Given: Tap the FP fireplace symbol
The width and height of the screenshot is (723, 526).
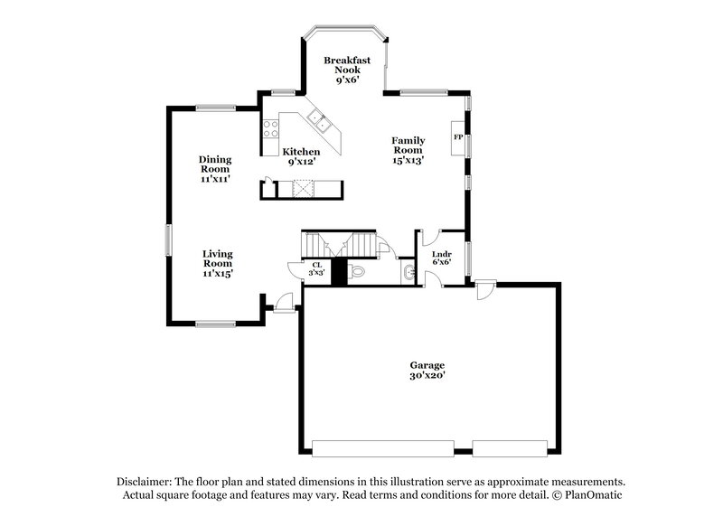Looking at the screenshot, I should pyautogui.click(x=457, y=137).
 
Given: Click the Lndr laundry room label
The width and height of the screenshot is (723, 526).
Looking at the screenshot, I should pyautogui.click(x=441, y=254).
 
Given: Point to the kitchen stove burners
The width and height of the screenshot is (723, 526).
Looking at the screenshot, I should pyautogui.click(x=269, y=128).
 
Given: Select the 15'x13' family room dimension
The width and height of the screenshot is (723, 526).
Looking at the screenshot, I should pyautogui.click(x=408, y=160).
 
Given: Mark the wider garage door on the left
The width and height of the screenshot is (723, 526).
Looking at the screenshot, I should pyautogui.click(x=382, y=447).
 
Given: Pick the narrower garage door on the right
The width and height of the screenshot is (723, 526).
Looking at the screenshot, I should pyautogui.click(x=510, y=447).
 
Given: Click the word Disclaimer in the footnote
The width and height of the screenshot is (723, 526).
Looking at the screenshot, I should pyautogui.click(x=148, y=483).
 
